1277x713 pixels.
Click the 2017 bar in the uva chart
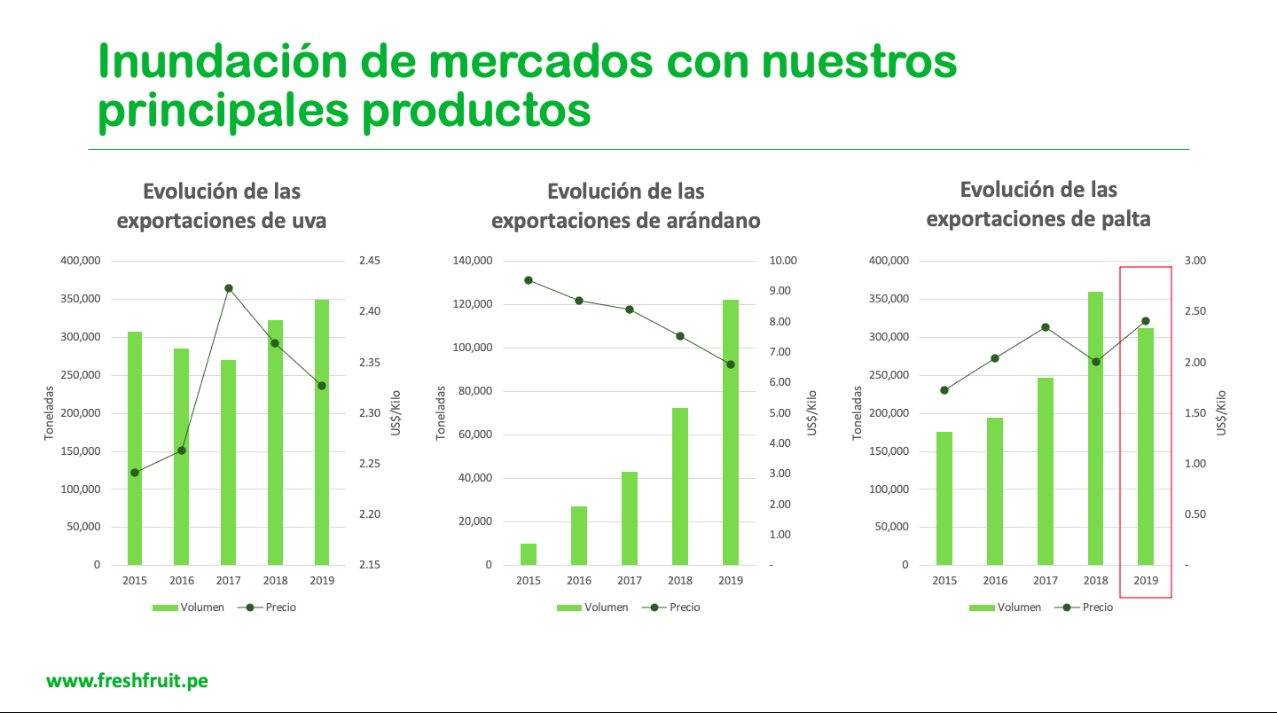[x=228, y=461]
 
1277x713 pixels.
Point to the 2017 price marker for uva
[x=228, y=288]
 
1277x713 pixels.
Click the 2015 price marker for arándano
[x=529, y=280]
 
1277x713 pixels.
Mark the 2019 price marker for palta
[x=1145, y=321]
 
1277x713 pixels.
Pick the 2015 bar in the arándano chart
[x=529, y=554]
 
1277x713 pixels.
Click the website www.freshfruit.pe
[x=128, y=681]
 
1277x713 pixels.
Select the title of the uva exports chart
[x=222, y=206]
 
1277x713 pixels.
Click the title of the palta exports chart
[x=1038, y=204]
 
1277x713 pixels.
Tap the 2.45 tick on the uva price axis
[x=369, y=261]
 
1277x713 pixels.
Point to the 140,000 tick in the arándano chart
[x=472, y=261]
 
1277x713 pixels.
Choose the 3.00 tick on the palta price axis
[x=1196, y=261]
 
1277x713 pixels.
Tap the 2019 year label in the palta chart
[x=1146, y=581]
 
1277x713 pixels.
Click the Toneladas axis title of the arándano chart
[x=440, y=413]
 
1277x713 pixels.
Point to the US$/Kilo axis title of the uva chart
[x=396, y=413]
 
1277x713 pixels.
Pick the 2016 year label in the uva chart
[x=182, y=581]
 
